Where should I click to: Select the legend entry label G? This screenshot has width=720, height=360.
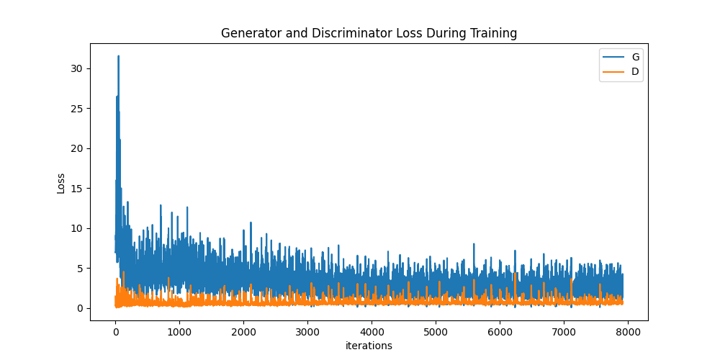[x=635, y=57]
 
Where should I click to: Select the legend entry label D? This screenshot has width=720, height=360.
[x=635, y=71]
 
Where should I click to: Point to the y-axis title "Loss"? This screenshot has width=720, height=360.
[x=61, y=183]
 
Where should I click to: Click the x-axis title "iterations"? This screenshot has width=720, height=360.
[x=369, y=346]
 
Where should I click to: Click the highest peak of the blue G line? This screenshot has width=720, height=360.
[x=118, y=56]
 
